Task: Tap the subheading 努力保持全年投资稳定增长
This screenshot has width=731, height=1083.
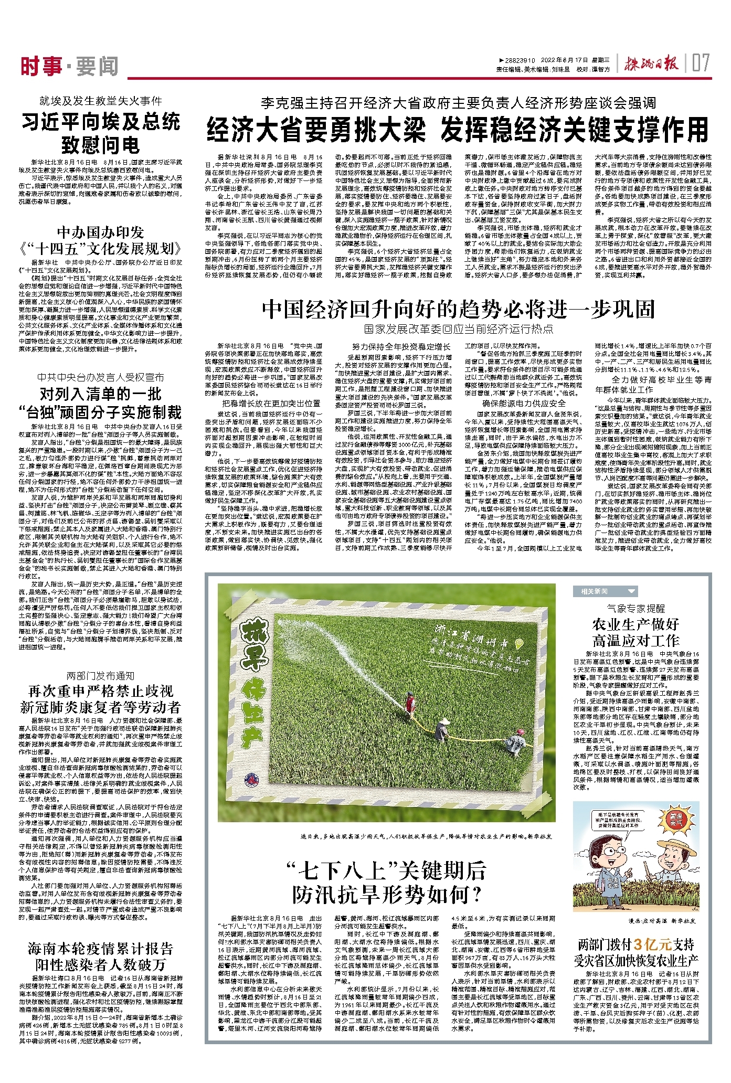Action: [401, 346]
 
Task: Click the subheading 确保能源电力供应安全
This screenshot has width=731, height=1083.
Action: [524, 403]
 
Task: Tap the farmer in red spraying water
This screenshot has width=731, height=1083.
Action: [410, 702]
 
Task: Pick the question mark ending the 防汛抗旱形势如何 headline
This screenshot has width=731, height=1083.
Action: [476, 894]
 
